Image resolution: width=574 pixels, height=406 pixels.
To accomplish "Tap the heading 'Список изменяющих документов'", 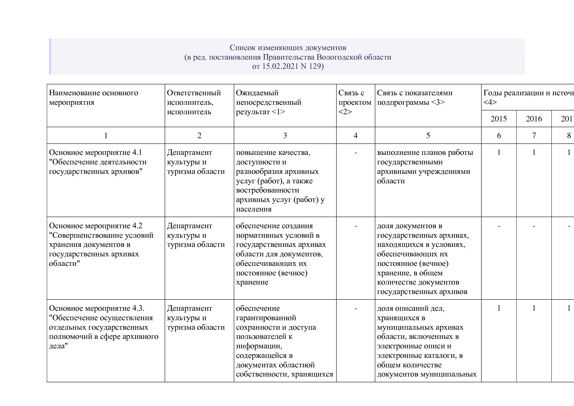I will point(288,48).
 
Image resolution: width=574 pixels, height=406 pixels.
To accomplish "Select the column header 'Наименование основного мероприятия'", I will point(94,98).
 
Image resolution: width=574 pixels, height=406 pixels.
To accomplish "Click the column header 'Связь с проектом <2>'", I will point(355,102).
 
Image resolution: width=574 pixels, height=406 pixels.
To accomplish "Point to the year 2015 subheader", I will point(498,119).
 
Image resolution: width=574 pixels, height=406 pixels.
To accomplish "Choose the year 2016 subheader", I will point(534,119).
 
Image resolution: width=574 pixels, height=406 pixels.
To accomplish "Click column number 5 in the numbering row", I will point(428,136).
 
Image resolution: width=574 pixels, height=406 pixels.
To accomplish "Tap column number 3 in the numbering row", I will point(285,136).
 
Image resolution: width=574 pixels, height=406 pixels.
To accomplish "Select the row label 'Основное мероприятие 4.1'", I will point(96,153).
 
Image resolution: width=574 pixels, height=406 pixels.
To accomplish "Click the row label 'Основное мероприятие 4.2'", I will point(96,226).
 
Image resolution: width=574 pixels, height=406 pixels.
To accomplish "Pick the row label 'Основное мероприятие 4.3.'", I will point(97,308).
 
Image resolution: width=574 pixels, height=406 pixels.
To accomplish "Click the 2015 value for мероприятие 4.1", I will point(498,153).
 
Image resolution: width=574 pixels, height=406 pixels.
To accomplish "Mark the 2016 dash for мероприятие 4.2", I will point(534,226).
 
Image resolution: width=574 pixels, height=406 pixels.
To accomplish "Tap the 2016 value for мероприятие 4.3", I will point(534,308).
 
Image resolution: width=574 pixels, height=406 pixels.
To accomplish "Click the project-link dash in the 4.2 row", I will point(355,226).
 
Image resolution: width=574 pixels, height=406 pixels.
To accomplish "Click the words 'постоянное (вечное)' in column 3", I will point(272,273).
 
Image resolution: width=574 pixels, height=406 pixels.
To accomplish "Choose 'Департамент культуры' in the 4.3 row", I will point(189,313).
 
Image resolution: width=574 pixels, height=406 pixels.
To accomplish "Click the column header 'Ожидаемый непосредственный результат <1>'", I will point(268,102).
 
